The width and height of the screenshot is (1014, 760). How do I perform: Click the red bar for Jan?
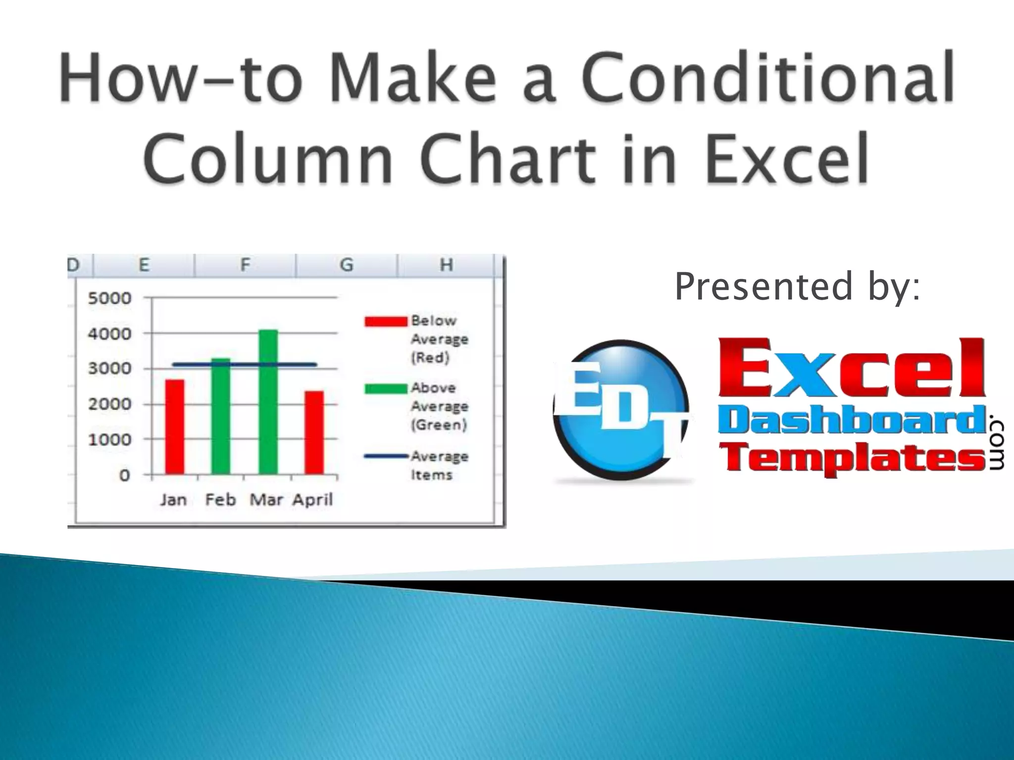point(174,427)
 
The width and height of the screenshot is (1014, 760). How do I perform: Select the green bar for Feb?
point(221,416)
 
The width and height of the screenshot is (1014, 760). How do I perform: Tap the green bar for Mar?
point(268,402)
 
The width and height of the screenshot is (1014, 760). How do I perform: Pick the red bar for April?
point(314,432)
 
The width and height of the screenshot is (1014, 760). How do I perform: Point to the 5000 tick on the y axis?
point(109,298)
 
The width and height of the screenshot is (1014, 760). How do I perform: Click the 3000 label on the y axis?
point(109,369)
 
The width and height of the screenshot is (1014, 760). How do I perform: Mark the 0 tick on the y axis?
point(124,475)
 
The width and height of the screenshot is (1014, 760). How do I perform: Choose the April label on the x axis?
point(312,500)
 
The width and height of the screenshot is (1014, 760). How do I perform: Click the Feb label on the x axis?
point(220,500)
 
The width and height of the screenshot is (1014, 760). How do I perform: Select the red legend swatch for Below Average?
point(386,322)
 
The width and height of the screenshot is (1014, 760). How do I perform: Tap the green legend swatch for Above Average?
point(386,388)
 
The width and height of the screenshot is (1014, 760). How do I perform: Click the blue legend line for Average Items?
point(386,456)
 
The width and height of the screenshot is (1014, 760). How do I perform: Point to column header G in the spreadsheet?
point(347,265)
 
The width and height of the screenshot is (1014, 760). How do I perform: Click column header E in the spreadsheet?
point(144,265)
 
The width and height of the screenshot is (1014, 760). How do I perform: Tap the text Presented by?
point(797,286)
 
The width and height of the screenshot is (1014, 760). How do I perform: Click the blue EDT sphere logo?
point(621,410)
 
